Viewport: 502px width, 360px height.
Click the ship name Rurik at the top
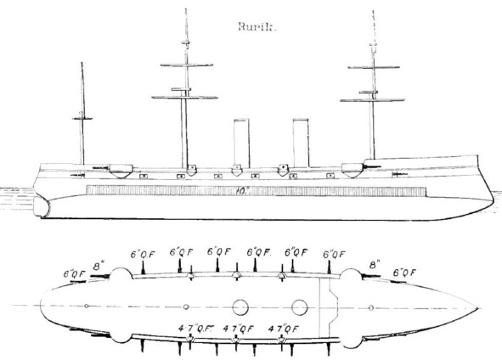click(257, 27)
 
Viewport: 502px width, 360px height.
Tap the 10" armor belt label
click(242, 191)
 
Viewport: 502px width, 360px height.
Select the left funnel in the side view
click(241, 143)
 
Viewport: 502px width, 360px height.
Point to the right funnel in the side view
click(301, 143)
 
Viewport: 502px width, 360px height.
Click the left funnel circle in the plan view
click(240, 307)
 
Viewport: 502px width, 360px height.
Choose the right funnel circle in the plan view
click(300, 307)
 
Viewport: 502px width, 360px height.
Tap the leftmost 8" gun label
click(99, 267)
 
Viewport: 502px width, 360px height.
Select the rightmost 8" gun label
click(375, 265)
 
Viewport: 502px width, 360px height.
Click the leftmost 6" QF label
click(75, 274)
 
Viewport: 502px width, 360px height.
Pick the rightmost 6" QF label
click(404, 273)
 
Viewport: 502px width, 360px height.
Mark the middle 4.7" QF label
click(239, 329)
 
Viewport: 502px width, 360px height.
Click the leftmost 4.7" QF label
click(195, 329)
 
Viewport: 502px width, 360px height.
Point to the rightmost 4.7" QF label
click(284, 329)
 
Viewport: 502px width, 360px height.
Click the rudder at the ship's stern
click(42, 206)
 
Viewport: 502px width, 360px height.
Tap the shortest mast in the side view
click(82, 114)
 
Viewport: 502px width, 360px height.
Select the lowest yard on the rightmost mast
click(372, 100)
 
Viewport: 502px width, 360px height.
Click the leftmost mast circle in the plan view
click(86, 307)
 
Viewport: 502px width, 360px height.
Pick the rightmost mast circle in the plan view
click(370, 308)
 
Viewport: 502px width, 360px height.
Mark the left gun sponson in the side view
click(121, 172)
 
